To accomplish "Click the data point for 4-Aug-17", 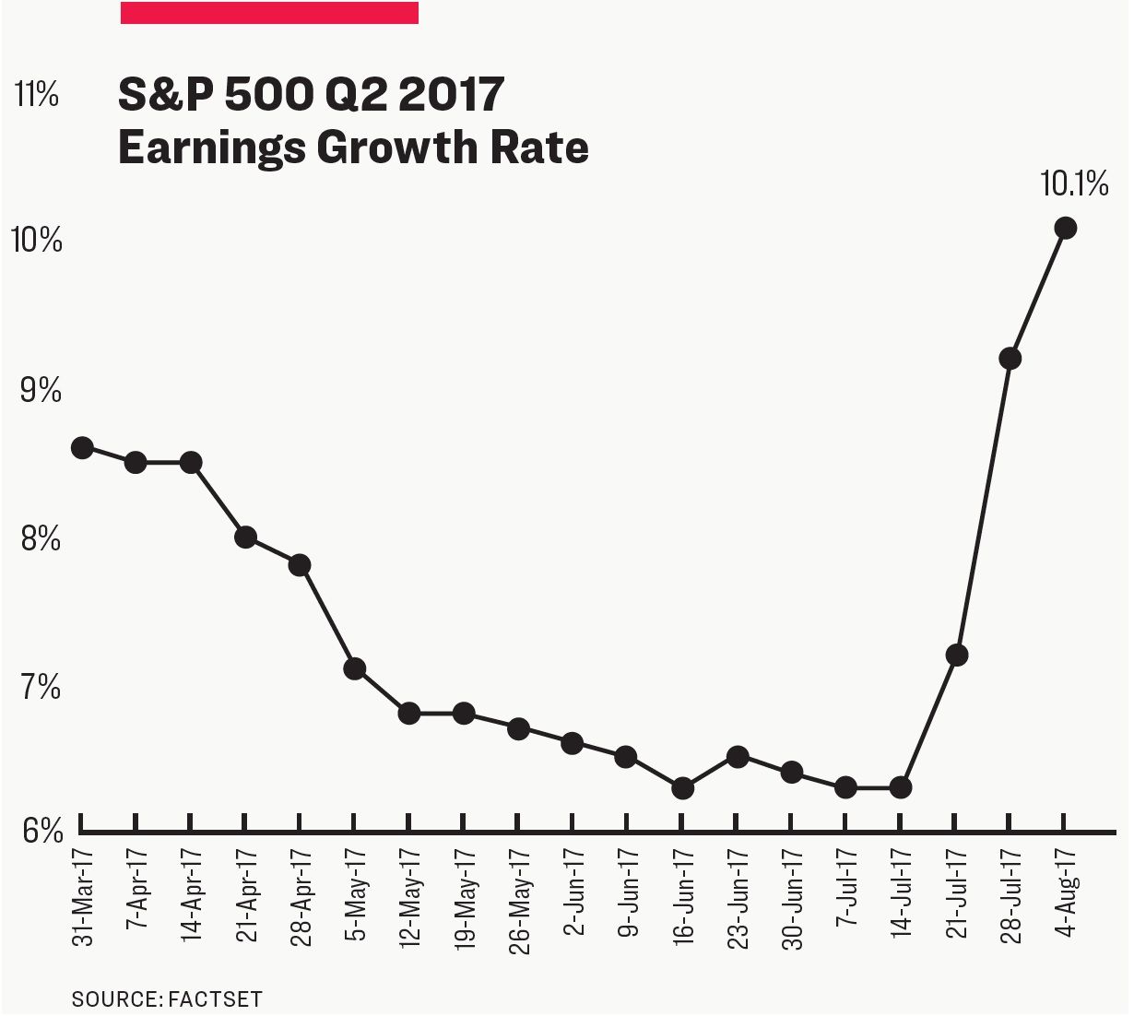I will [x=1065, y=228].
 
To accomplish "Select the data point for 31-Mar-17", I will [x=82, y=448].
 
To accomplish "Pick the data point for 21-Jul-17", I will [x=956, y=656].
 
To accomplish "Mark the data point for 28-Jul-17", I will [x=1010, y=359].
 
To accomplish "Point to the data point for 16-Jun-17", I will [x=682, y=788].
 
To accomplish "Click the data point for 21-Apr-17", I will [x=245, y=538].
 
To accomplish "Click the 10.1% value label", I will [x=1074, y=184].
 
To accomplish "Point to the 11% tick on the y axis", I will [x=38, y=94].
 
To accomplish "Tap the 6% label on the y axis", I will [x=41, y=832].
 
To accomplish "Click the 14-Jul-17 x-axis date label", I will [x=903, y=891].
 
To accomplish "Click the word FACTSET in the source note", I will [x=215, y=999].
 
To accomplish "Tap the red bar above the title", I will [x=269, y=12].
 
